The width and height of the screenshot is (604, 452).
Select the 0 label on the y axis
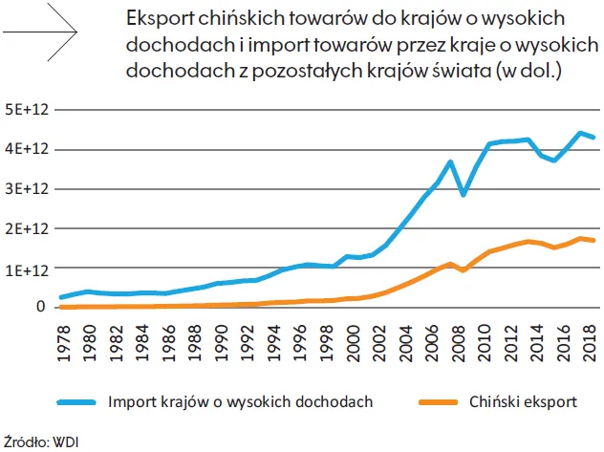41,307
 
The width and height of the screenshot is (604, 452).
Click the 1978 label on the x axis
64,337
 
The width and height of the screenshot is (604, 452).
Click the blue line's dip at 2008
464,194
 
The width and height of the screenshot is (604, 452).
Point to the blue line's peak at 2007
450,162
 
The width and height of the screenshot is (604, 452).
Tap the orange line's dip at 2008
464,270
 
